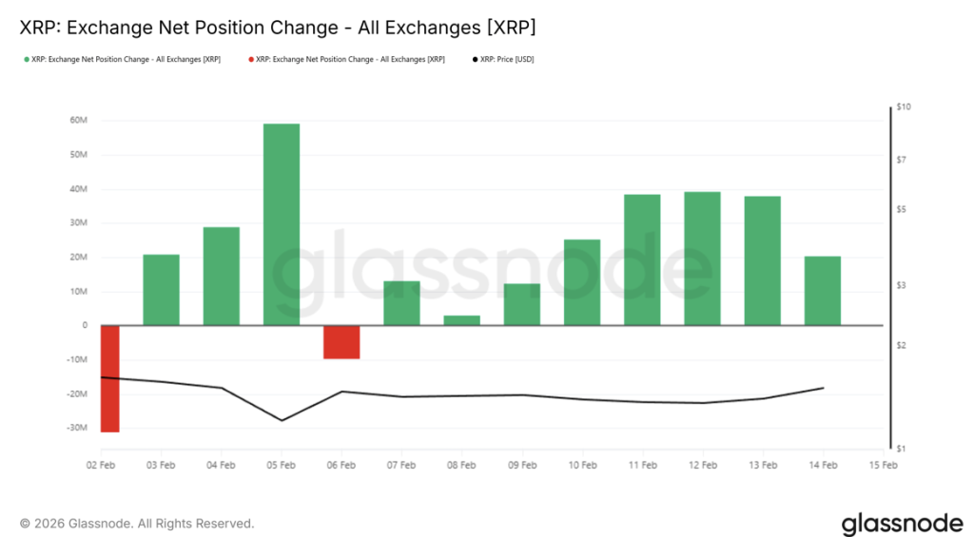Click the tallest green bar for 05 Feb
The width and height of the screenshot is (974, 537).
coord(282,224)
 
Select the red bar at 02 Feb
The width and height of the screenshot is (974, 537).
coord(109,378)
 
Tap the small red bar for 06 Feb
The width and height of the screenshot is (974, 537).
coord(341,342)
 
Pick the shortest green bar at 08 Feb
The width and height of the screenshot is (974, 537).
coord(462,320)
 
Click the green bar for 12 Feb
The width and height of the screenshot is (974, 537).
coord(702,259)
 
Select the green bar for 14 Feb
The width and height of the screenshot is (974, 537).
coord(823,291)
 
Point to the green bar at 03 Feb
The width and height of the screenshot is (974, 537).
coord(162,290)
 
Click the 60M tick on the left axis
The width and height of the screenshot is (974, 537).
coord(78,121)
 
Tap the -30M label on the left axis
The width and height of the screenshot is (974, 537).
coord(76,428)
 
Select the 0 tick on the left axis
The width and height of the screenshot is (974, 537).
coord(85,326)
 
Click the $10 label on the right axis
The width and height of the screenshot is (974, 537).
coord(904,107)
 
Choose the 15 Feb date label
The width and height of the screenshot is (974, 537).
coord(884,466)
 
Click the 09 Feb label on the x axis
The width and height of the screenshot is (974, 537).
coord(522,466)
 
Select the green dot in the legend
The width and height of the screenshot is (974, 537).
coord(26,59)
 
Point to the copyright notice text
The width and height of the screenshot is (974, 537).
coord(137,524)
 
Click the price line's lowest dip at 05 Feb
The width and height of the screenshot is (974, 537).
coord(282,420)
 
